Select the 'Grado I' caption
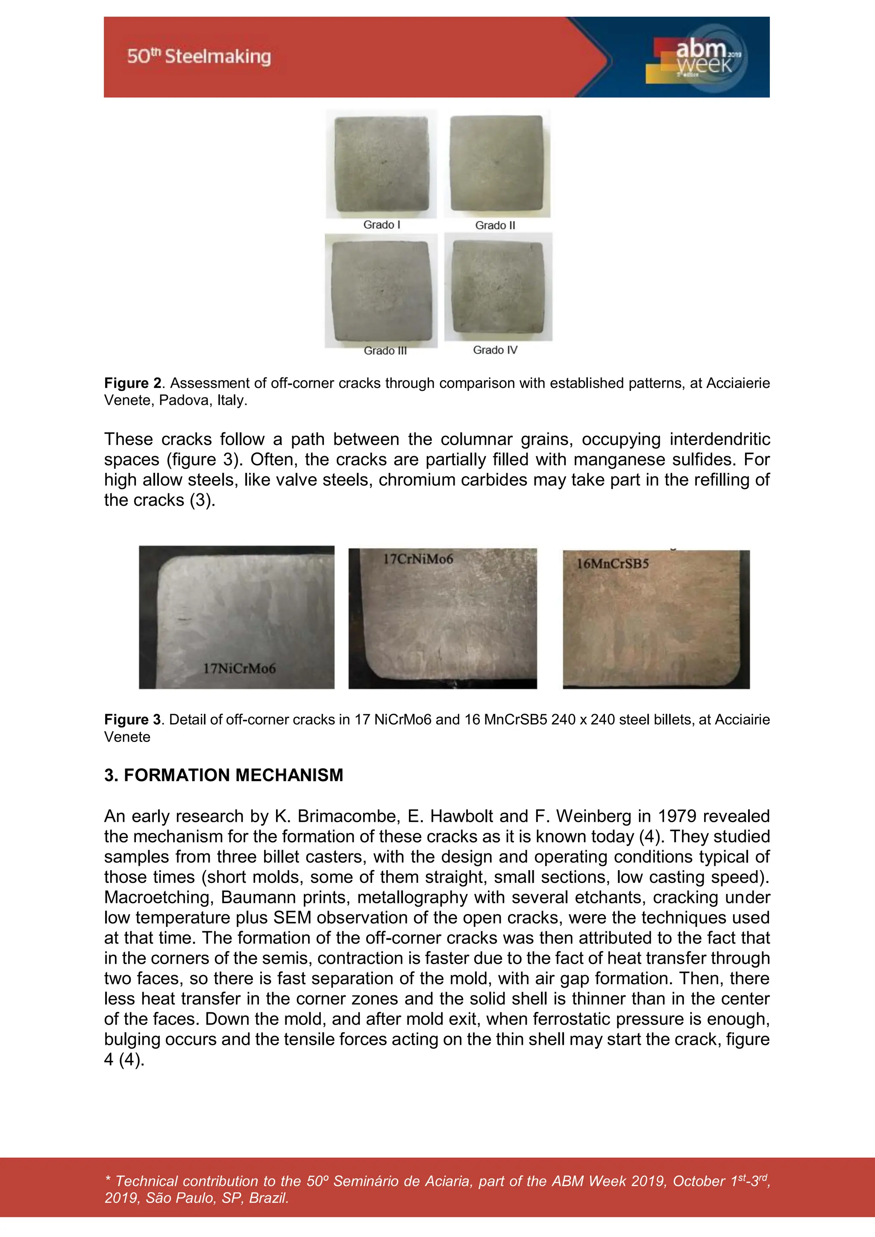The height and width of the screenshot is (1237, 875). point(382,225)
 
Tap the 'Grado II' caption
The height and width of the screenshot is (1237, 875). point(495,225)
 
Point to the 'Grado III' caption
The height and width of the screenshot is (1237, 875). point(385,351)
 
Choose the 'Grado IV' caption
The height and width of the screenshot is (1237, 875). point(495,350)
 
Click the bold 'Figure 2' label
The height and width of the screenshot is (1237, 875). point(132,383)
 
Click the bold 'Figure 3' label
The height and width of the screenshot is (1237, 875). point(132,720)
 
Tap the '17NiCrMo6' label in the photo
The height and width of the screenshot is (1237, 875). point(239,668)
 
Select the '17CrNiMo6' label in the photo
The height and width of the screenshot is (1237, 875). point(418,559)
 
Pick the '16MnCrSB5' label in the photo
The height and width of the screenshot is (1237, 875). point(613,564)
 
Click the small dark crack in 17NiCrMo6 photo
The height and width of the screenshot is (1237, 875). point(184,621)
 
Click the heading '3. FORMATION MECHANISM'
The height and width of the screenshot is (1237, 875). point(223,775)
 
